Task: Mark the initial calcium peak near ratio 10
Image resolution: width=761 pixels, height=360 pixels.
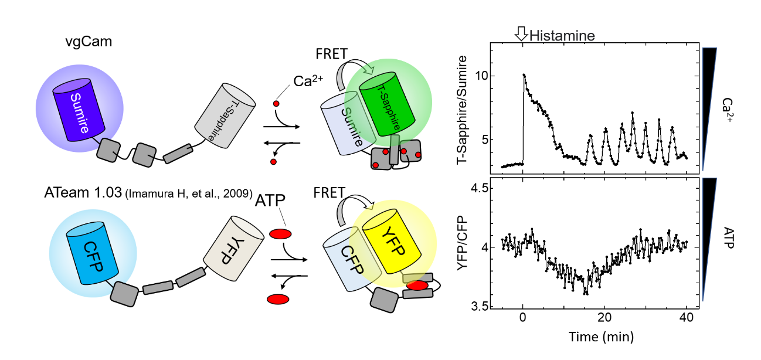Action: (x=524, y=74)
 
